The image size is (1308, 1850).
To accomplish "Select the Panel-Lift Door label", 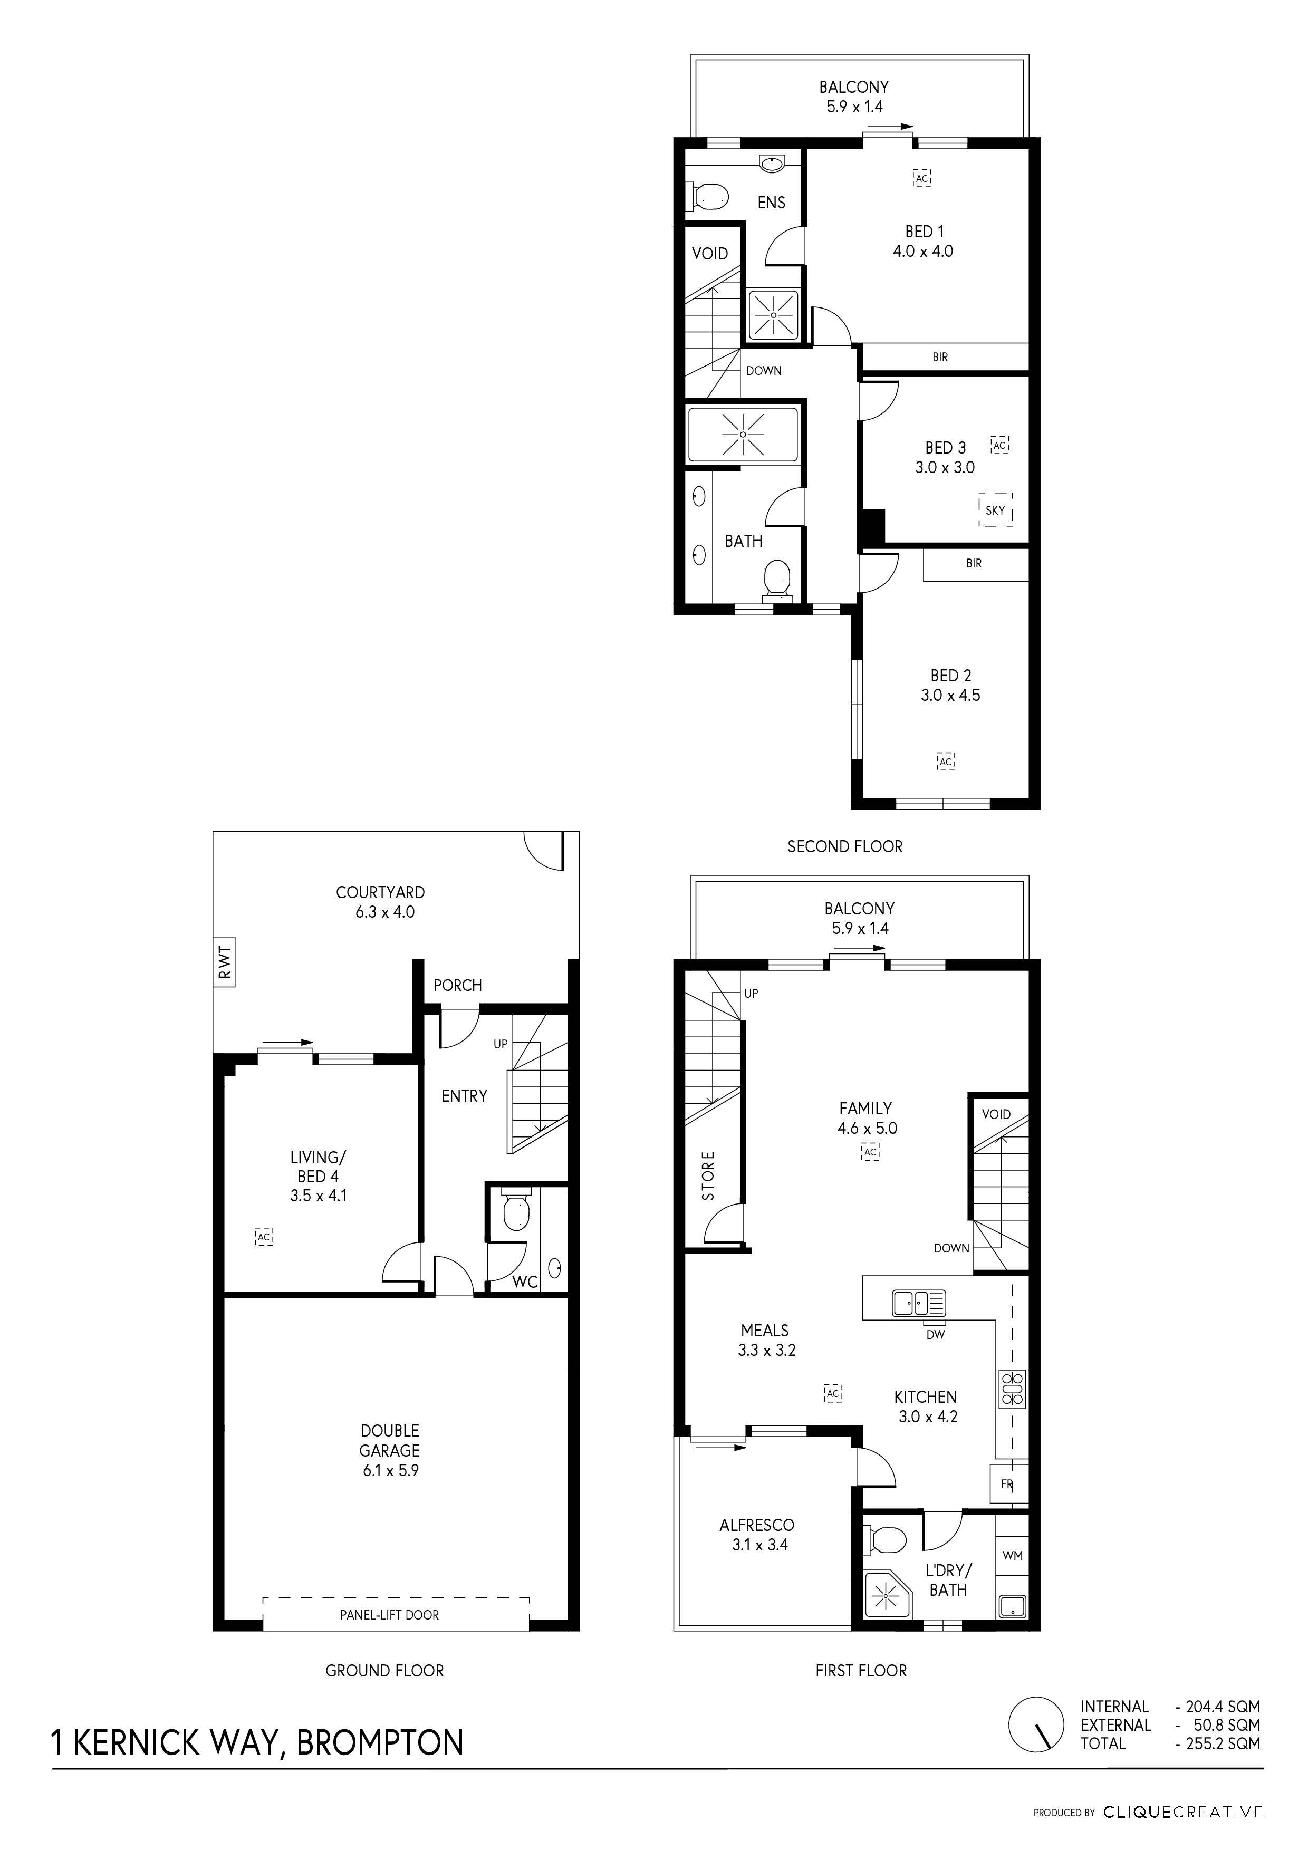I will click(389, 1615).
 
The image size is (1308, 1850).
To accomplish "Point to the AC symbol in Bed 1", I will click(922, 177).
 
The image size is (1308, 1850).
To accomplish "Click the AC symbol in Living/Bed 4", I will click(264, 1236).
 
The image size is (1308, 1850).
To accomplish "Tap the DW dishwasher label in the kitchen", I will click(935, 1334).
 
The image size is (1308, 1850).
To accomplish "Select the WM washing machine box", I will click(1012, 1555).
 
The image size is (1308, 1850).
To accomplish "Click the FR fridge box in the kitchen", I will click(1007, 1484).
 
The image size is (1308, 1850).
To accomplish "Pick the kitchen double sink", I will click(919, 1303).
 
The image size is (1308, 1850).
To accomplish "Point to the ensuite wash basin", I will click(773, 163).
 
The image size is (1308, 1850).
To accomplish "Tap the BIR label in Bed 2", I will click(974, 563).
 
